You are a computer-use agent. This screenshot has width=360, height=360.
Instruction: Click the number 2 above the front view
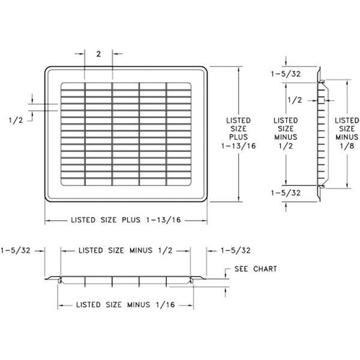coord(98,53)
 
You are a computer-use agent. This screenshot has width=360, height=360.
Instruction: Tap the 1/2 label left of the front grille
coord(16,119)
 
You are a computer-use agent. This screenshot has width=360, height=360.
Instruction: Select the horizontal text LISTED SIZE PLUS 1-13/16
coord(126,220)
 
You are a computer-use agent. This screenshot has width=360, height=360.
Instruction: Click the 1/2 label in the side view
coord(295,100)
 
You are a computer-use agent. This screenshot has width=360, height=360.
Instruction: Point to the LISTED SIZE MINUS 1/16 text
coord(125,305)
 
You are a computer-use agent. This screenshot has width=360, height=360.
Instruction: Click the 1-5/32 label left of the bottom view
coord(17,250)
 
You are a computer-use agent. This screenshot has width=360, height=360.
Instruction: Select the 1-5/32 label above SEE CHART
coord(235,250)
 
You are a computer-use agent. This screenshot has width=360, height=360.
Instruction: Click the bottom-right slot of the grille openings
coord(179,182)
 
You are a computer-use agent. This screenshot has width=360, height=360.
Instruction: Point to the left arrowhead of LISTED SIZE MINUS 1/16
coord(60,305)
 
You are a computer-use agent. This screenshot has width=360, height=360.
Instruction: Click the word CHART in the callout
coord(265,269)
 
